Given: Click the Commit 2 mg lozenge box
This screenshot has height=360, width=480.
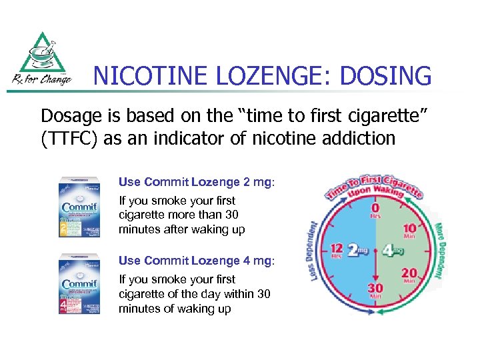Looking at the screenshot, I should pyautogui.click(x=79, y=206).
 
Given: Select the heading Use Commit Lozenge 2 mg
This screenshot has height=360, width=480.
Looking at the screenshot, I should pyautogui.click(x=197, y=181).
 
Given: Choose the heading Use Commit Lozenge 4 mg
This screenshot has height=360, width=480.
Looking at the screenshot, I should pyautogui.click(x=197, y=261).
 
